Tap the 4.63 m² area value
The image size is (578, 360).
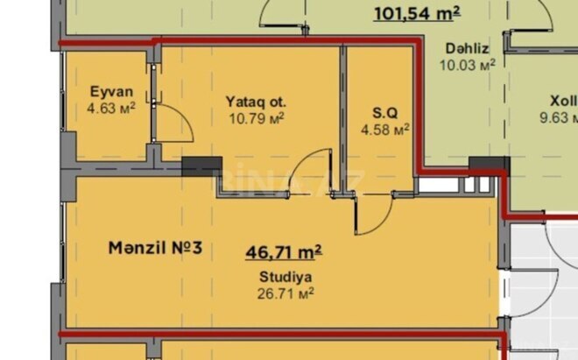(x=110, y=109)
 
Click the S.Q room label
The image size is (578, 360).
(x=385, y=113)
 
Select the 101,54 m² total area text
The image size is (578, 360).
(x=417, y=13)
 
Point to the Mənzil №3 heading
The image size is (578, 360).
(x=156, y=248)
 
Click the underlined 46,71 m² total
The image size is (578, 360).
(x=284, y=253)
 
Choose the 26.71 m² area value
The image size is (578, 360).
(x=285, y=293)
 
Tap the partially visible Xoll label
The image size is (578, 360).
(x=562, y=99)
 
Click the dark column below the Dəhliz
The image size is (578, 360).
(x=489, y=164)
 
